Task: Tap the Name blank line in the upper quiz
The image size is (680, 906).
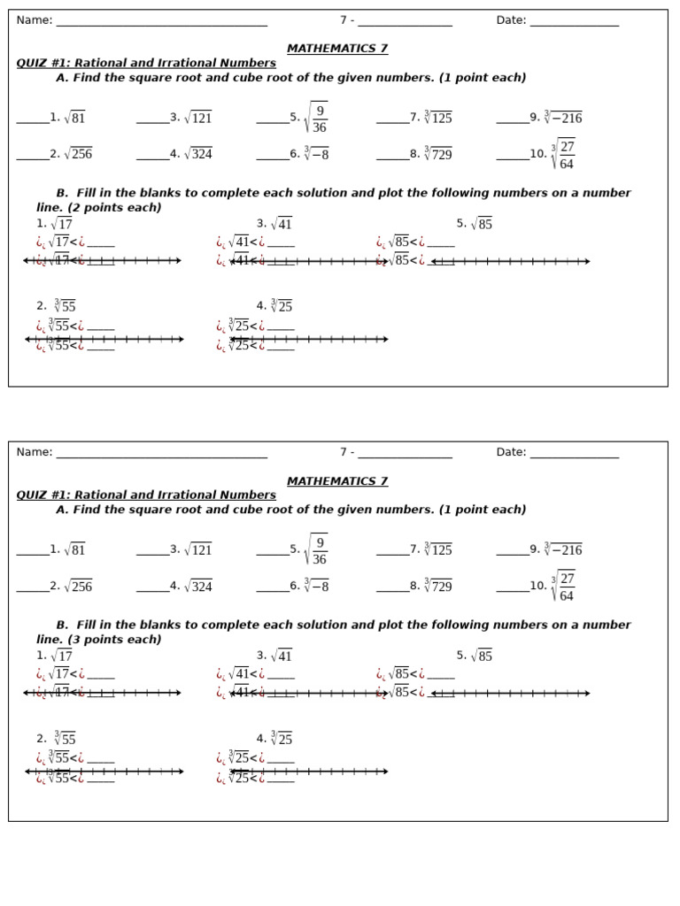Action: [161, 24]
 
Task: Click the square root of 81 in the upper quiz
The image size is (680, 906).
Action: [74, 118]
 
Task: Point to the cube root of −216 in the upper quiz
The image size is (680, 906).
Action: [562, 118]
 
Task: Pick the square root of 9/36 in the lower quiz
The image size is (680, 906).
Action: [315, 549]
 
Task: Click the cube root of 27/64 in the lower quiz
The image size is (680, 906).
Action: [562, 586]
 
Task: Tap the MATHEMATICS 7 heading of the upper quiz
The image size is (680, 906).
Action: [336, 49]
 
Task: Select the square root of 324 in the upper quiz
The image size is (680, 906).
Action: [197, 154]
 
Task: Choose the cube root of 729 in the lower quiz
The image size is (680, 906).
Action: [437, 586]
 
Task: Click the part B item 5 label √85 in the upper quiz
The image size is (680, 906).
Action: [481, 224]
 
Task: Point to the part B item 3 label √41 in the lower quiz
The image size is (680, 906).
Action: [281, 656]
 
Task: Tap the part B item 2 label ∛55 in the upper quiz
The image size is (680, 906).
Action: [65, 306]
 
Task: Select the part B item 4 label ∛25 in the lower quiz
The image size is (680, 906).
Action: [281, 738]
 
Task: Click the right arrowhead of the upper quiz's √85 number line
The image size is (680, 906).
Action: [587, 261]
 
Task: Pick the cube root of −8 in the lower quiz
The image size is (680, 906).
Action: [316, 586]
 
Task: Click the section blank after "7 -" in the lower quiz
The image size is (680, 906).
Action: [405, 457]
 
